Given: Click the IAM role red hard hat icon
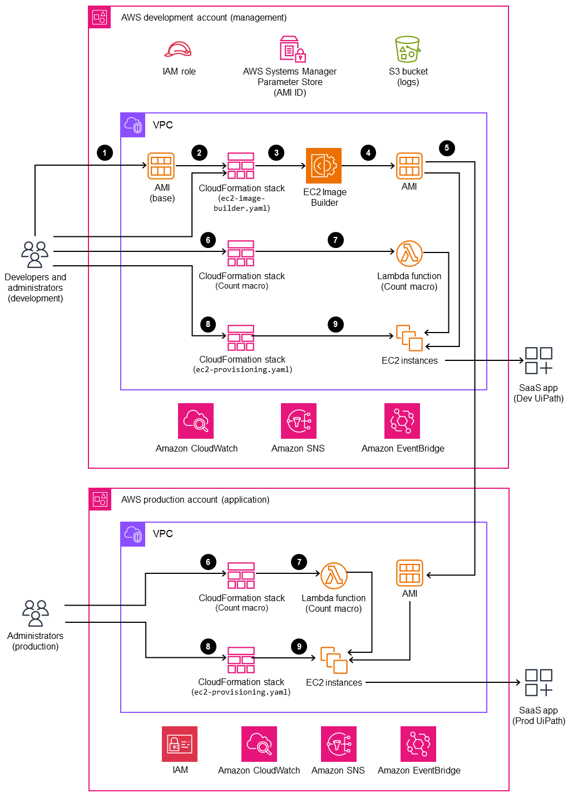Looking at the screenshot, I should point(178,49).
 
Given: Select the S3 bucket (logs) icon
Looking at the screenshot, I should point(407,49).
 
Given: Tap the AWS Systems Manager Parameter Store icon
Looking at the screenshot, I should point(292,49).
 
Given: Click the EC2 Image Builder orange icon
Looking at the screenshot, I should point(324,166).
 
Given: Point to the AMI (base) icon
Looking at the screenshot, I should point(161,166).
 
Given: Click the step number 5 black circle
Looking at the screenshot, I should point(446,148).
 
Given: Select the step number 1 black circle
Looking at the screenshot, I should point(105,153).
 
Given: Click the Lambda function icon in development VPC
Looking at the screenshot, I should point(409,254).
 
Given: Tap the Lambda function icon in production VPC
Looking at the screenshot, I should point(334,576).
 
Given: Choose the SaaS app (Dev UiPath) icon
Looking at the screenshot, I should point(539,360).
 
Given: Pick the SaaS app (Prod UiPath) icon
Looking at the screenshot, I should point(539,682).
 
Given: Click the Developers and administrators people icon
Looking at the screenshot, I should point(34,254).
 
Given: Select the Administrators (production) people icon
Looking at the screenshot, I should point(36,613).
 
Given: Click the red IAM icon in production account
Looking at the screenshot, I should point(180,744).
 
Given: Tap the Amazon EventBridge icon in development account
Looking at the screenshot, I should point(402,421).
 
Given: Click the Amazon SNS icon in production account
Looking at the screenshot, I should point(339,744).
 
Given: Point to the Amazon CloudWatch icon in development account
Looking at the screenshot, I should point(196,421).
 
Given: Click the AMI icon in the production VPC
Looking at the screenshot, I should point(409,573).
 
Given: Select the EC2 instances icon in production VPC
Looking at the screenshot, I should point(334,660).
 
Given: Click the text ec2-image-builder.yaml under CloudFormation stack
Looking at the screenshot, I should point(242,204).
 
